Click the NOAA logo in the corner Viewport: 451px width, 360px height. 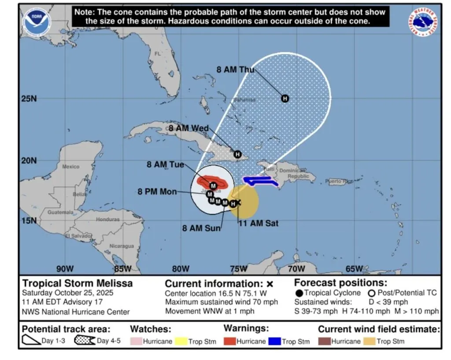click(37, 22)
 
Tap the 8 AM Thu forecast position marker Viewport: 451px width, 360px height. click(285, 99)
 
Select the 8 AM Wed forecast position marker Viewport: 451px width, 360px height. click(238, 154)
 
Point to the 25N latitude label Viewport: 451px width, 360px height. click(29, 99)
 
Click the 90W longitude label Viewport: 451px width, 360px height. click(65, 269)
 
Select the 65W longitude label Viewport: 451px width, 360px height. click(354, 269)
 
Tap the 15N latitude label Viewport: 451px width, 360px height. click(29, 220)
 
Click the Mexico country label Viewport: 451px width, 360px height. click(71, 167)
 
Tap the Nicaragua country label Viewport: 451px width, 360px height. click(122, 246)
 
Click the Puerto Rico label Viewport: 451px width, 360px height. click(339, 181)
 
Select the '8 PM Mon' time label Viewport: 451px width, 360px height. click(157, 192)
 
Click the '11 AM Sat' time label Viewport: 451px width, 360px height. click(258, 224)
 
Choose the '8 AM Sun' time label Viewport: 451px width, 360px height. click(201, 228)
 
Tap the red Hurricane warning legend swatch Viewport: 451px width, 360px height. click(230, 341)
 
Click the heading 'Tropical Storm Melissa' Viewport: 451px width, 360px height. click(77, 283)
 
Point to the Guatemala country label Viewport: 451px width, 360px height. click(60, 212)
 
